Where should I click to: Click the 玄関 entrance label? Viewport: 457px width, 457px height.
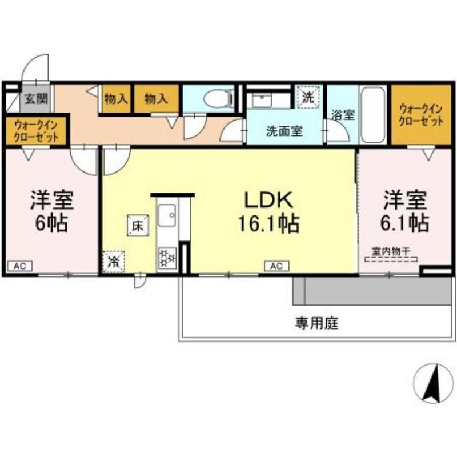[36, 99]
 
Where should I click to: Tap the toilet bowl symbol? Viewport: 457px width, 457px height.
[218, 98]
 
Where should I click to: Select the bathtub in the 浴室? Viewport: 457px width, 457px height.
[373, 115]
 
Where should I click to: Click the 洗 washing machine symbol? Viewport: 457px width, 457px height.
[308, 97]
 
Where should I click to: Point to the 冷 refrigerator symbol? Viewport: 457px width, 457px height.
[114, 262]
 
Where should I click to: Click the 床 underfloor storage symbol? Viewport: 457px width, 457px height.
[138, 225]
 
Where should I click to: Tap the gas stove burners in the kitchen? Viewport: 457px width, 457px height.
[167, 258]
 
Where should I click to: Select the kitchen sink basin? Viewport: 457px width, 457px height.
[167, 215]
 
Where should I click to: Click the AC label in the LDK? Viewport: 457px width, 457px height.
[276, 266]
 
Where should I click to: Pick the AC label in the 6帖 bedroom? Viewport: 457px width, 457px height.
[20, 266]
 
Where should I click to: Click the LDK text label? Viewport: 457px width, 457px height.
[268, 200]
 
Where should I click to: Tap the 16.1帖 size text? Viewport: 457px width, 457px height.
[268, 223]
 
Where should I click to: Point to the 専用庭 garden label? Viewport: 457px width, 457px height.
[317, 323]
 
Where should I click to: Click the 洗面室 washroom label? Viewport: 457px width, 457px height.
[284, 131]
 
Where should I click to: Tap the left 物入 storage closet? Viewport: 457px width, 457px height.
[116, 98]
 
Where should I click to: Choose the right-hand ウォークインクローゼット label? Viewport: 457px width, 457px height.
[420, 115]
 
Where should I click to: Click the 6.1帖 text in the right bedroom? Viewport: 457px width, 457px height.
[404, 223]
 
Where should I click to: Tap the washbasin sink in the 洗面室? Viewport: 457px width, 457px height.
[262, 101]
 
